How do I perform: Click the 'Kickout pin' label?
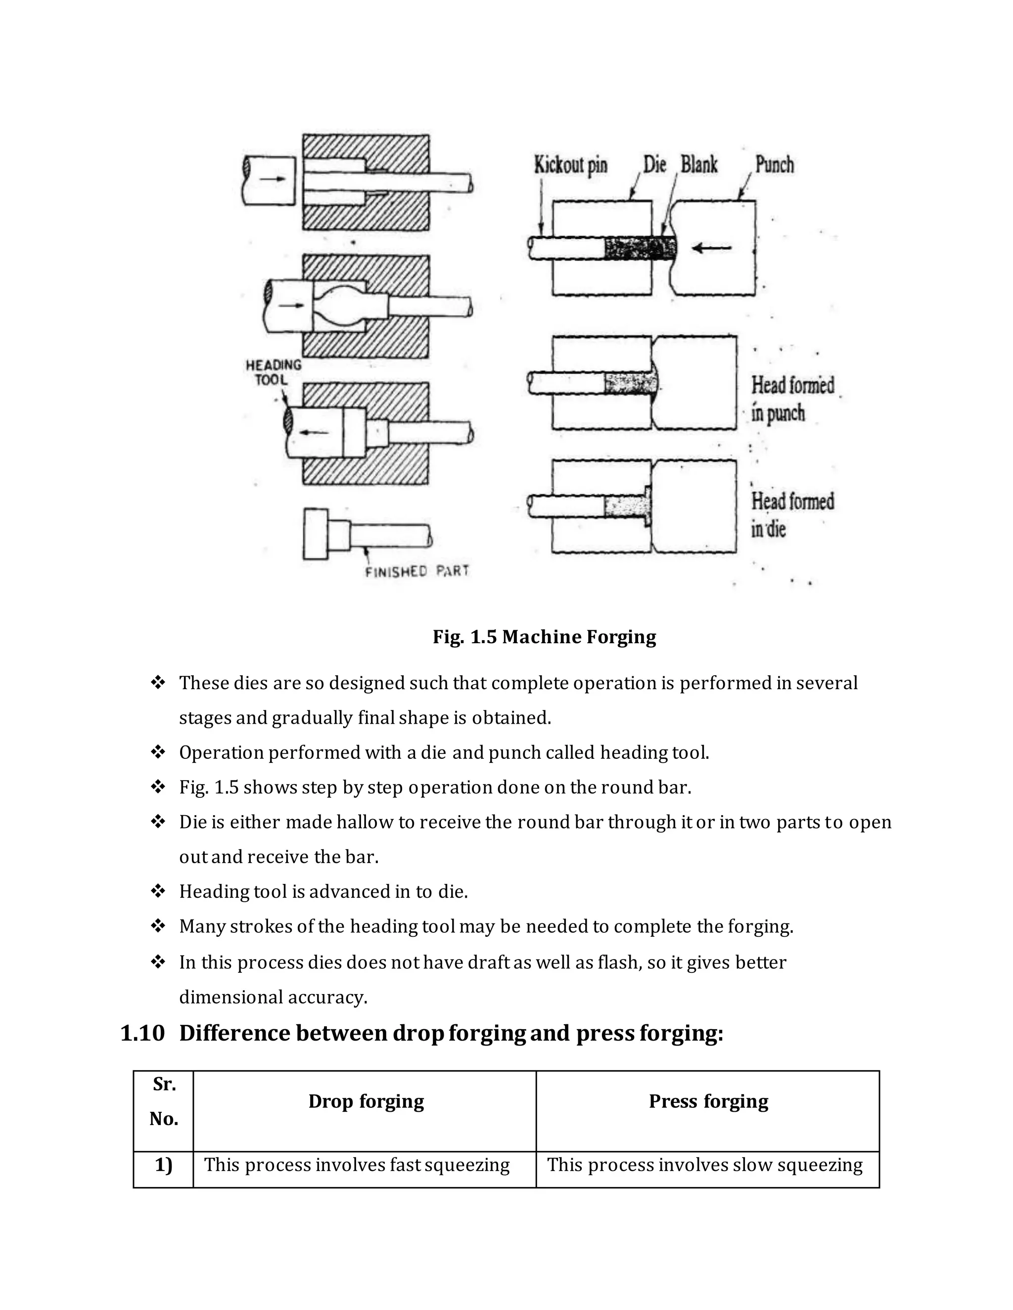[x=570, y=165]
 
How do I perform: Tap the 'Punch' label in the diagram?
[x=774, y=164]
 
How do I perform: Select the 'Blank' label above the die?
[x=698, y=164]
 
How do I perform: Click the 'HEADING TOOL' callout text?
[x=273, y=372]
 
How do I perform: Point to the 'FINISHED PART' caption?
[x=416, y=571]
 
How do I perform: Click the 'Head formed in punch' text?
[x=792, y=399]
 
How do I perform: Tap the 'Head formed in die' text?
[x=792, y=515]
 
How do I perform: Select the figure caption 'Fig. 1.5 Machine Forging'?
[x=544, y=636]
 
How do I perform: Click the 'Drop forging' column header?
[x=366, y=1101]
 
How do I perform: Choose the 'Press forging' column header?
[x=708, y=1101]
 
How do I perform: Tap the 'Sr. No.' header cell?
[x=164, y=1101]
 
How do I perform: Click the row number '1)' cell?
[x=164, y=1164]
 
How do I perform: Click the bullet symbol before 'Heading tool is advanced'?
[x=158, y=891]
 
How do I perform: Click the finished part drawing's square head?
[x=316, y=534]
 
